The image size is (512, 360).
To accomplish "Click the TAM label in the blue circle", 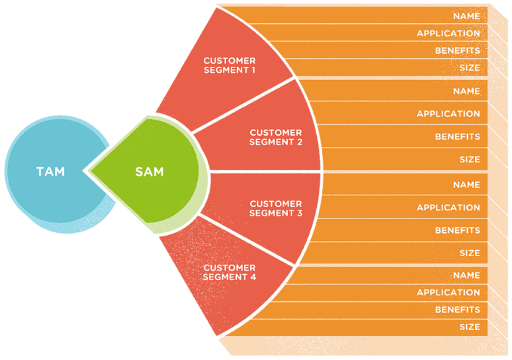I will pos(50,172).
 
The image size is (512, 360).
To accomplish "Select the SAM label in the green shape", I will pos(149,172).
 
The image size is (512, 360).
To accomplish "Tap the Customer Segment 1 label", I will pos(230,66).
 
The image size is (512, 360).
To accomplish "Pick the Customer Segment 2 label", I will pos(276,137).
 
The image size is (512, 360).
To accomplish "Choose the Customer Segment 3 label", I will pos(276,208).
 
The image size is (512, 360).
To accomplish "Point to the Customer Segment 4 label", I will pos(230,273).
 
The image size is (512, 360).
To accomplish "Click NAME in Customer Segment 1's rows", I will pos(466,16).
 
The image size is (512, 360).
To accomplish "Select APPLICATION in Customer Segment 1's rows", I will pos(448,33).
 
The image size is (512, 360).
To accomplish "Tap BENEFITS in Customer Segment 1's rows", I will pos(457,50).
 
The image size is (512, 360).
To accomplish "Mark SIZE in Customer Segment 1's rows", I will pos(469,67).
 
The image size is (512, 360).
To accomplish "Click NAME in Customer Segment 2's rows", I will pos(466,91).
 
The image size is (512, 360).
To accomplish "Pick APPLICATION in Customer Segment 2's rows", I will pos(448,114).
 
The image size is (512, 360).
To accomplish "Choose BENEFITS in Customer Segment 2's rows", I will pos(457,136).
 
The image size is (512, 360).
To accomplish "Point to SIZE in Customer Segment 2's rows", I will pos(469,159).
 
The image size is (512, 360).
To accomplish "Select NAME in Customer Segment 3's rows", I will pos(466,185).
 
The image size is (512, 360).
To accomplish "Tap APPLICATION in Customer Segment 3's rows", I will pos(448,208).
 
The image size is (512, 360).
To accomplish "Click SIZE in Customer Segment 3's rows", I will pos(469,253).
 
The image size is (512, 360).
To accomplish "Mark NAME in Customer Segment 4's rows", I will pos(466,275).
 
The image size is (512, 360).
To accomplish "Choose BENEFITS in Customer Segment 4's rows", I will pos(457,310).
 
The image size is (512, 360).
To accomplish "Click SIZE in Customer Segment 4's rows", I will pos(469,327).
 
